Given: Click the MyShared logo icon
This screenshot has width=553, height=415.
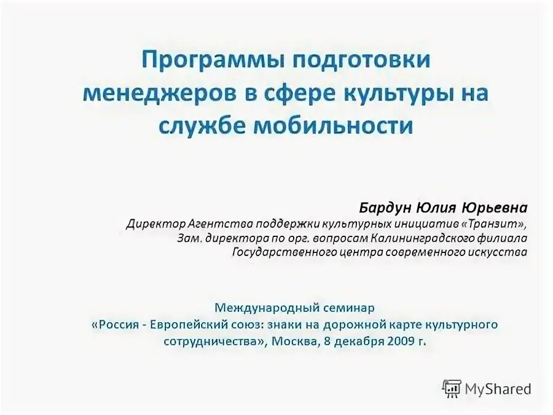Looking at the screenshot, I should point(452,387).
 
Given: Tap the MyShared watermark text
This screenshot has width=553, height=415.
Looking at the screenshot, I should point(498,388).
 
